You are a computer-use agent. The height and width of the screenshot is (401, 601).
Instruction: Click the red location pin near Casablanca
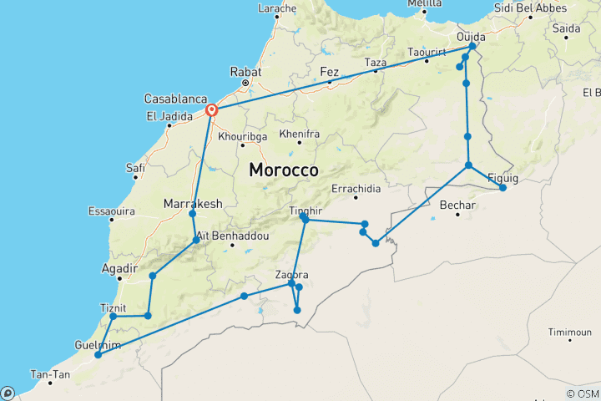212,109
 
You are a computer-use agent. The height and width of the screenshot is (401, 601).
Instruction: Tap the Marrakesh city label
191,203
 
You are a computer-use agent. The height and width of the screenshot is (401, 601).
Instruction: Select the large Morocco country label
283,170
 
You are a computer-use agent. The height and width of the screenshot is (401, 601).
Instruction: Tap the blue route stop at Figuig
503,188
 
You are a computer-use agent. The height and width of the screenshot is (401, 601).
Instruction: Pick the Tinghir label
305,211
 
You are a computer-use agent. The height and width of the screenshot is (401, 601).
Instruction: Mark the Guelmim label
97,344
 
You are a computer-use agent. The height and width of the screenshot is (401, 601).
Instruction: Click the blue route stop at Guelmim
98,355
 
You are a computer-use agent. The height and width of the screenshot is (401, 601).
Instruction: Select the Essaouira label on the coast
111,211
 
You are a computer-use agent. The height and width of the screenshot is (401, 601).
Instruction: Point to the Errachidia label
355,187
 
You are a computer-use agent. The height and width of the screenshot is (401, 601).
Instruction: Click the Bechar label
457,204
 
